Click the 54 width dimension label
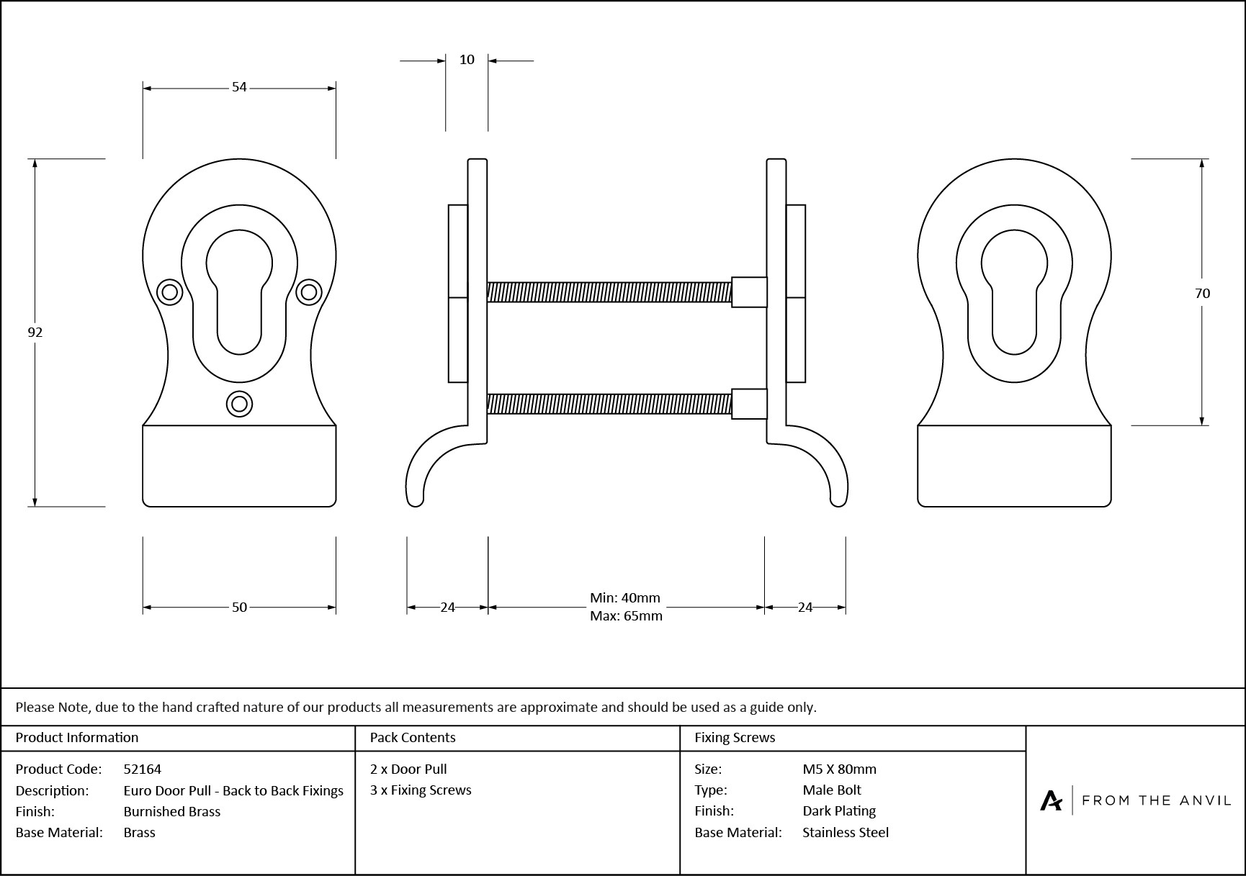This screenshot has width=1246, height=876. click(x=239, y=87)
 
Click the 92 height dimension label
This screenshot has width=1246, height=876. click(x=35, y=332)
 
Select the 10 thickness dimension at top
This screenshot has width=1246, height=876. click(x=467, y=60)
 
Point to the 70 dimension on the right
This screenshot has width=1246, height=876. click(x=1202, y=293)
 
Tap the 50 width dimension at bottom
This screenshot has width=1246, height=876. click(x=239, y=608)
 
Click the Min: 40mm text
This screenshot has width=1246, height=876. click(x=624, y=597)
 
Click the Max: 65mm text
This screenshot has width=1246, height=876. click(x=626, y=616)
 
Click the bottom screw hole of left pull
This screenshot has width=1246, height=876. click(x=239, y=404)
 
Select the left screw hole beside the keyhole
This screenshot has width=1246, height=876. click(x=170, y=292)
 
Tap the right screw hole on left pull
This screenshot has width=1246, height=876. click(x=308, y=292)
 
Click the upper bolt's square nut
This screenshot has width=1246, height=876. click(x=749, y=292)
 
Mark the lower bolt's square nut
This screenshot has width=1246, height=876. click(x=749, y=404)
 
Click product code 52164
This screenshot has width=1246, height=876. click(x=143, y=769)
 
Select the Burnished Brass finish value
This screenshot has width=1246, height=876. click(x=172, y=811)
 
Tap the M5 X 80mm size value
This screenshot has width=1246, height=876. click(x=839, y=769)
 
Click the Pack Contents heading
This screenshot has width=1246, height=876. click(x=413, y=737)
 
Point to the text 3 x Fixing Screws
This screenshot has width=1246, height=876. click(x=421, y=790)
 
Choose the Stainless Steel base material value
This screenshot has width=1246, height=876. click(x=846, y=832)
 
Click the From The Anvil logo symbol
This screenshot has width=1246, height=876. click(x=1051, y=800)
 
